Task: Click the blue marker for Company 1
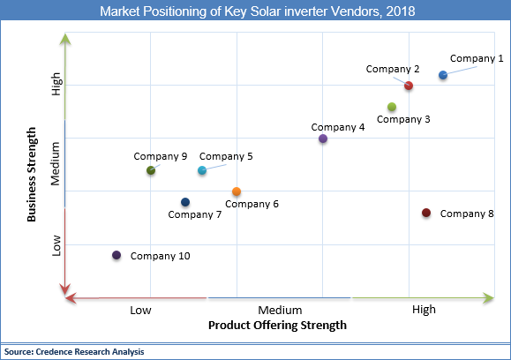click(x=443, y=76)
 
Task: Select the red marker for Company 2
click(x=409, y=86)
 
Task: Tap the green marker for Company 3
click(x=392, y=108)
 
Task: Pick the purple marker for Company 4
click(x=323, y=139)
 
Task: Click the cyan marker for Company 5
click(x=202, y=170)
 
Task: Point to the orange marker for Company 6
click(x=237, y=191)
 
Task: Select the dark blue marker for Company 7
click(x=184, y=202)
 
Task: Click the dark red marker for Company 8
click(x=426, y=213)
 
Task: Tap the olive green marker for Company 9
click(x=151, y=170)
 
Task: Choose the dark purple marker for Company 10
click(x=116, y=256)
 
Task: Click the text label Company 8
click(x=467, y=214)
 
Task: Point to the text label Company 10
click(x=160, y=256)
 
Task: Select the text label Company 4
click(x=338, y=127)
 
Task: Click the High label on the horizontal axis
click(x=424, y=310)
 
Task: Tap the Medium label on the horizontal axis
click(x=281, y=310)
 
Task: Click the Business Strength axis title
click(x=33, y=175)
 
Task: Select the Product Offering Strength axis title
click(x=277, y=325)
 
